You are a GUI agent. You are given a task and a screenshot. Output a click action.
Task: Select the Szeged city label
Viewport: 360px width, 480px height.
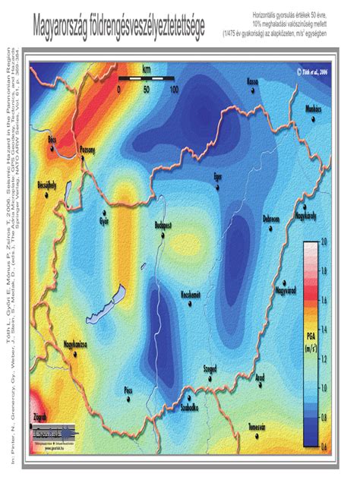pos(210,368)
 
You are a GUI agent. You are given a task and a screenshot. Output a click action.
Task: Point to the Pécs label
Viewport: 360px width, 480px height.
pos(129,390)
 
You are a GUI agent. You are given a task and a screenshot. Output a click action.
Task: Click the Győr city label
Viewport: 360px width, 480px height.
pos(104,222)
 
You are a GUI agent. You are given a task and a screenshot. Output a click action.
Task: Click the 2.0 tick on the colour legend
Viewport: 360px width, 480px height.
pos(324,241)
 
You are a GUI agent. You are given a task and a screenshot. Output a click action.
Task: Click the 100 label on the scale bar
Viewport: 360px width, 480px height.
pos(174,89)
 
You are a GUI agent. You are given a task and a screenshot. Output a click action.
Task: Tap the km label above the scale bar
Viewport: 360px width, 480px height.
pos(146,70)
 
